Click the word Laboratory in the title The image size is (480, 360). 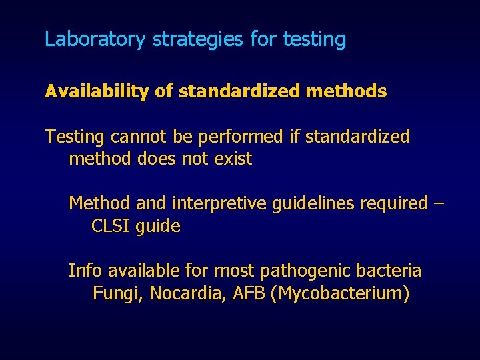coord(95,39)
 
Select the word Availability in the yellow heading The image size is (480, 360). coord(97,92)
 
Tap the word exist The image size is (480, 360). coord(232,159)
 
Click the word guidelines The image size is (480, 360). coord(314,203)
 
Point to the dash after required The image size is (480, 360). coord(437,203)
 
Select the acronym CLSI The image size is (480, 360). coord(111,226)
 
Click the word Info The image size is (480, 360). coord(86,271)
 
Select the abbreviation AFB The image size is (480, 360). coord(249,293)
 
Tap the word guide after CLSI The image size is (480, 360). coord(157,227)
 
